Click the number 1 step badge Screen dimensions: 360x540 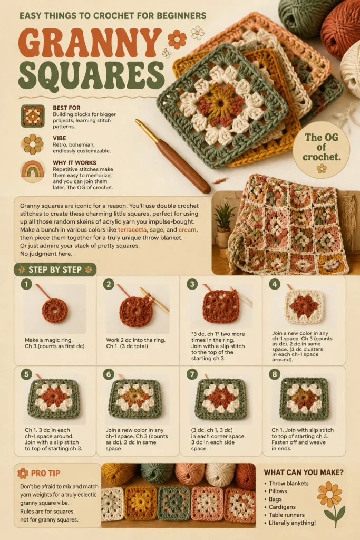click(x=26, y=284)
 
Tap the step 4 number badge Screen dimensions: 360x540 click(x=274, y=284)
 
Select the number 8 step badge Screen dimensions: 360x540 click(x=274, y=374)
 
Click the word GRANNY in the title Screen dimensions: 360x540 click(x=90, y=42)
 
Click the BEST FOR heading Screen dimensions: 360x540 click(x=66, y=108)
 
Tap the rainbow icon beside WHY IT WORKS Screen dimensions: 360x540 click(x=32, y=169)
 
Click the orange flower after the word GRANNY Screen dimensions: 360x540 click(x=177, y=39)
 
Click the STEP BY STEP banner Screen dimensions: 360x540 click(x=55, y=269)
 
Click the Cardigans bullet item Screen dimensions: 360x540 click(x=282, y=507)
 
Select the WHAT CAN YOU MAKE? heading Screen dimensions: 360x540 click(x=304, y=472)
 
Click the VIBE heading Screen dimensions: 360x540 click(x=59, y=138)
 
